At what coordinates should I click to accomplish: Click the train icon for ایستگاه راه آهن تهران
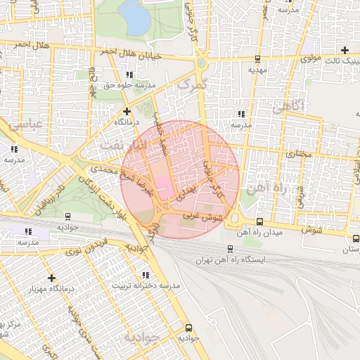tap(231, 248)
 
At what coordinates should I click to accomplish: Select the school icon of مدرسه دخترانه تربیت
tap(146, 275)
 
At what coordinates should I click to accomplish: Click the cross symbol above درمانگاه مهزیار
tap(51, 278)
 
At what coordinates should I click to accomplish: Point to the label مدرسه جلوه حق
tap(129, 85)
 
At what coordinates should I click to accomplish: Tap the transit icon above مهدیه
tap(257, 59)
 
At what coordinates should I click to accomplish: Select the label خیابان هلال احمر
tap(138, 55)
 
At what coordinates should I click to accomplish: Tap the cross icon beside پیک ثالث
tap(345, 49)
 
